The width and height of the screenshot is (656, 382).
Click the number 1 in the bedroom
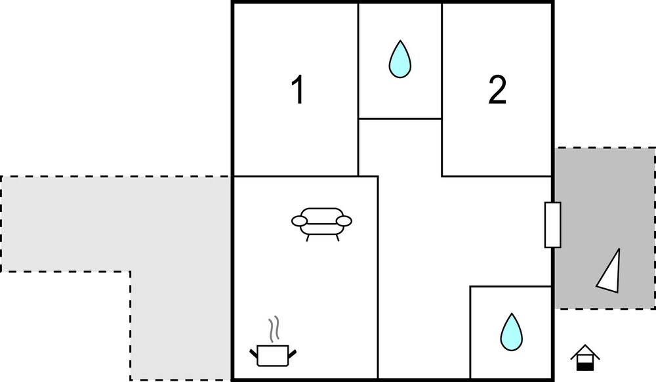298,89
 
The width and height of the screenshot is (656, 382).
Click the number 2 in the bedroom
497,89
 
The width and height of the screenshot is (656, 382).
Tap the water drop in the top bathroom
400,59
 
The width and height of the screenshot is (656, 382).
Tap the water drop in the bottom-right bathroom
512,332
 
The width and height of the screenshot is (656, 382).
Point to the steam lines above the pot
274,329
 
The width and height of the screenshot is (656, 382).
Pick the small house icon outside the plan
585,358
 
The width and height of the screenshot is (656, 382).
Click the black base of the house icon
585,366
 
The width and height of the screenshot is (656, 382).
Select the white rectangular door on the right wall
552,224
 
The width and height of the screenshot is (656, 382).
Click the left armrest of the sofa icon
300,221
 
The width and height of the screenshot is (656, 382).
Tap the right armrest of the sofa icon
344,221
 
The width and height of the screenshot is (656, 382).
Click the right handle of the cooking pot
292,354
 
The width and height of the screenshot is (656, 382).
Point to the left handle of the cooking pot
253,354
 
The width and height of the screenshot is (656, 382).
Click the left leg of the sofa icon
308,238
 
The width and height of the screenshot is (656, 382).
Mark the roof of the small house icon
585,351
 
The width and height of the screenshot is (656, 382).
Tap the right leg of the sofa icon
337,238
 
